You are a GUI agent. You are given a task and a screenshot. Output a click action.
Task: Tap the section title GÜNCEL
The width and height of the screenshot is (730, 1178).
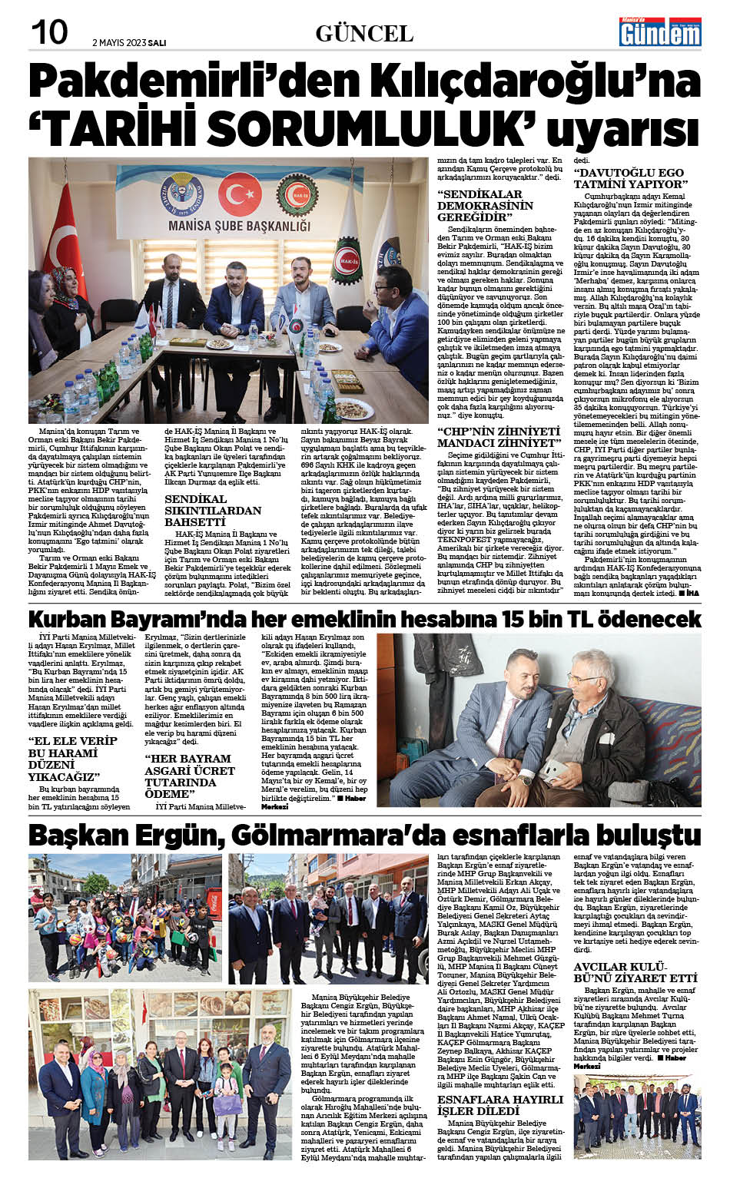coord(364,33)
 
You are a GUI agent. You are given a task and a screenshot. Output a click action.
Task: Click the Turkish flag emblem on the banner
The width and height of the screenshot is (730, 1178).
coord(239,193)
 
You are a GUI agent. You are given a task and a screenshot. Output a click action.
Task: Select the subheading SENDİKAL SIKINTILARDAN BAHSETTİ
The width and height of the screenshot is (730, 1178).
coord(213,510)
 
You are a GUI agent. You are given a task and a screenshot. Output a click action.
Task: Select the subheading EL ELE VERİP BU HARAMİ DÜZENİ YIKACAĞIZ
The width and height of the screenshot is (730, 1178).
coord(73,758)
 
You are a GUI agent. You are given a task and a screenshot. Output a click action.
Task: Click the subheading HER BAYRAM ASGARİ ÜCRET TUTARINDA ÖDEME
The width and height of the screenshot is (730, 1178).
coord(190,776)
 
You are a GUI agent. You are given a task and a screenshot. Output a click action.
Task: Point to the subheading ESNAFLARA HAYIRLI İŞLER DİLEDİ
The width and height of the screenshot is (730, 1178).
coord(499,1105)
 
